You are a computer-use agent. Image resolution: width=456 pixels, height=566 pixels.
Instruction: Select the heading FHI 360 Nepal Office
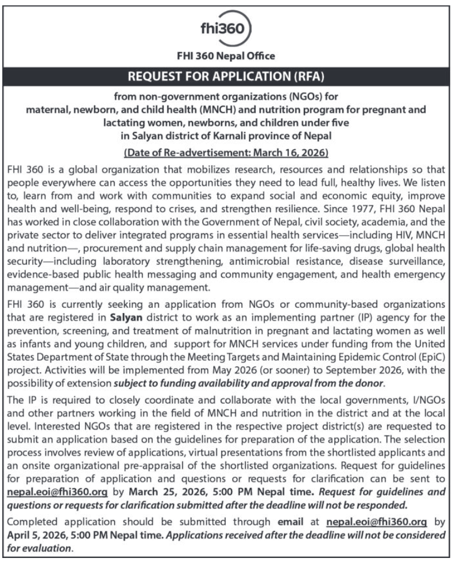[228, 56]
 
